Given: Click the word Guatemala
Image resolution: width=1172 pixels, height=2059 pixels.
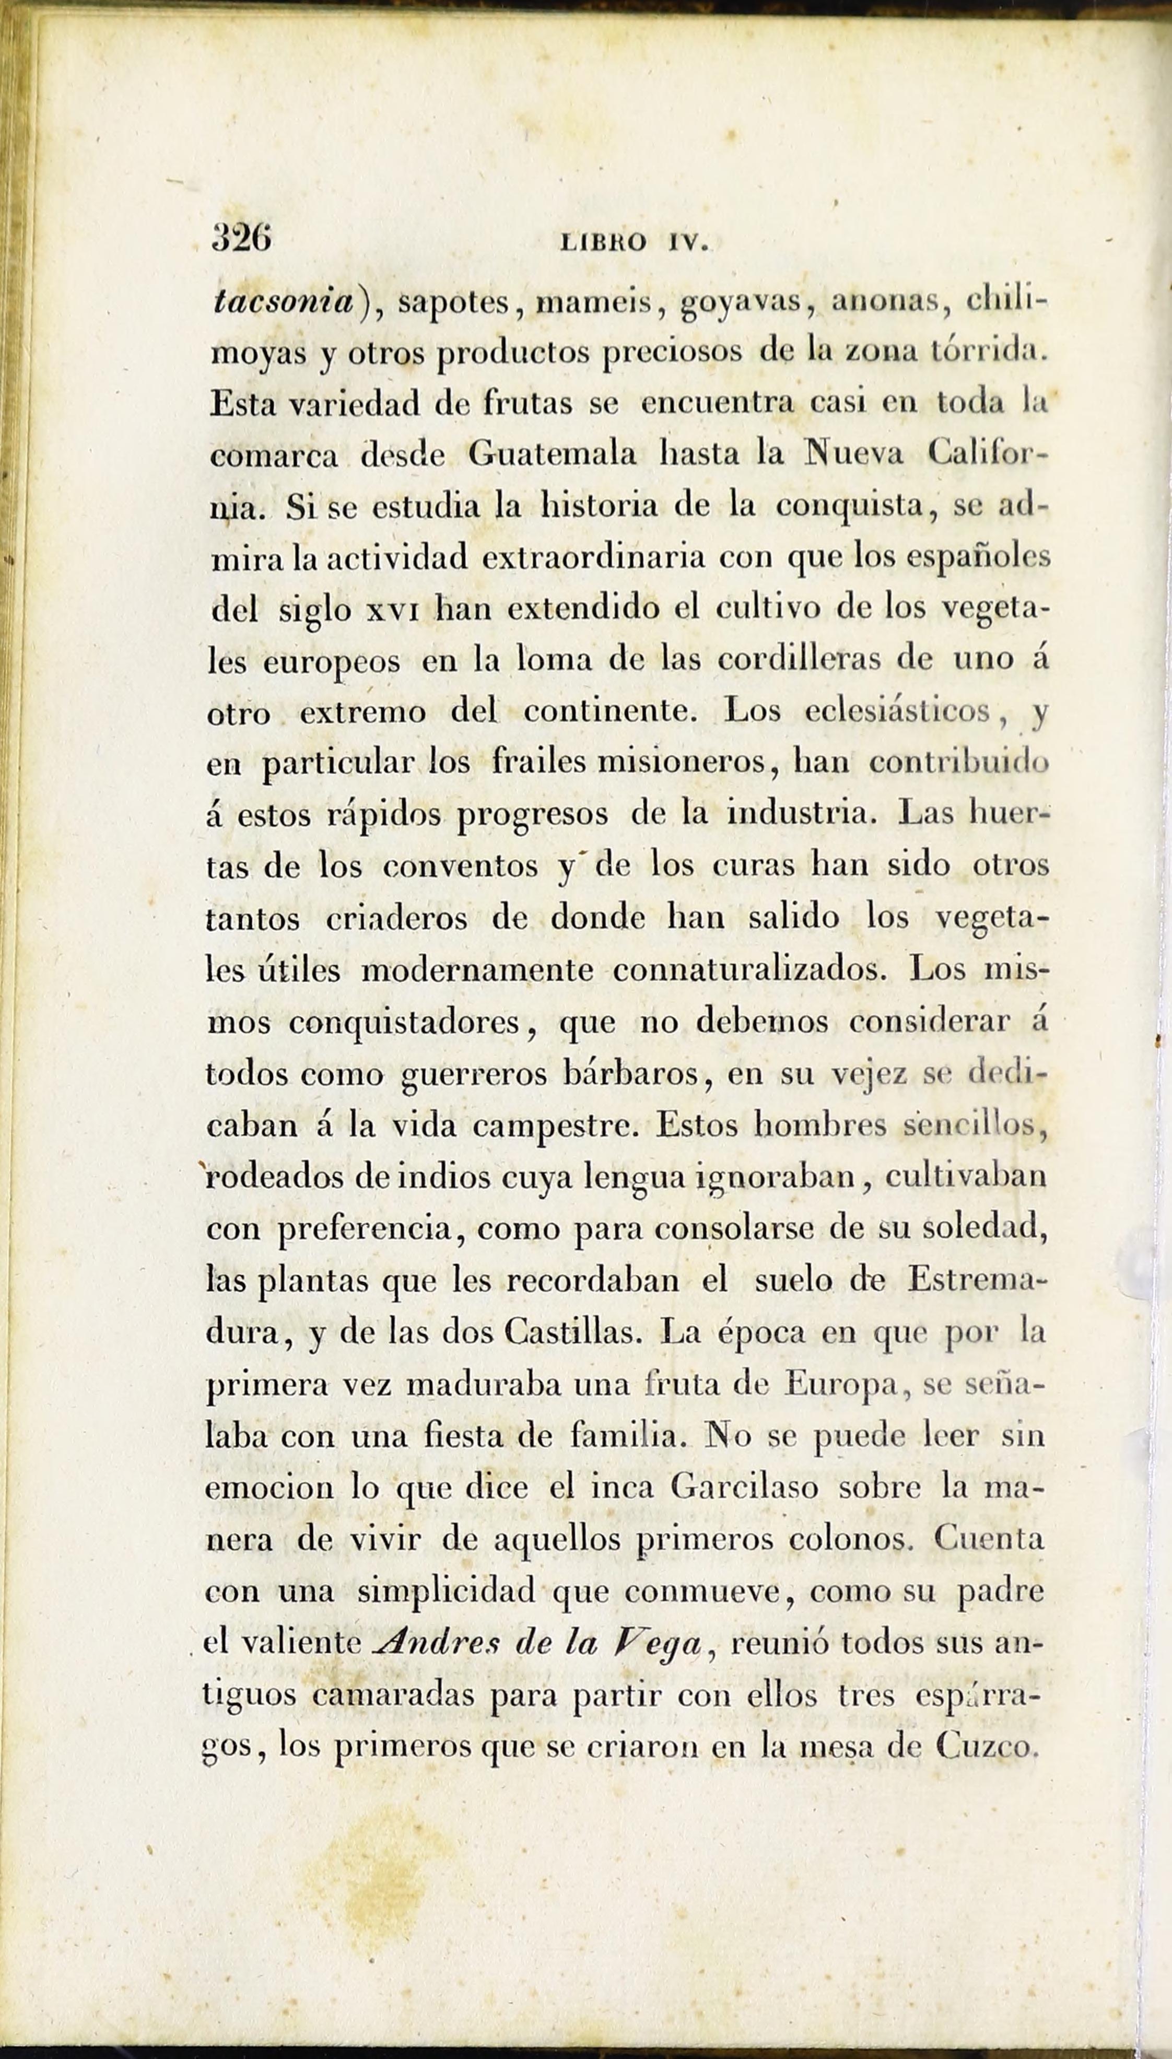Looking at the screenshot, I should [552, 453].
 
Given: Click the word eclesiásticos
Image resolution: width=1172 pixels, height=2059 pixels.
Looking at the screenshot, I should [897, 711].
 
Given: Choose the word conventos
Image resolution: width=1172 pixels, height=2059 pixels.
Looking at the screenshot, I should [461, 866].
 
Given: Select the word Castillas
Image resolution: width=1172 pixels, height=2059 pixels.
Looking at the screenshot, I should [572, 1332].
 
